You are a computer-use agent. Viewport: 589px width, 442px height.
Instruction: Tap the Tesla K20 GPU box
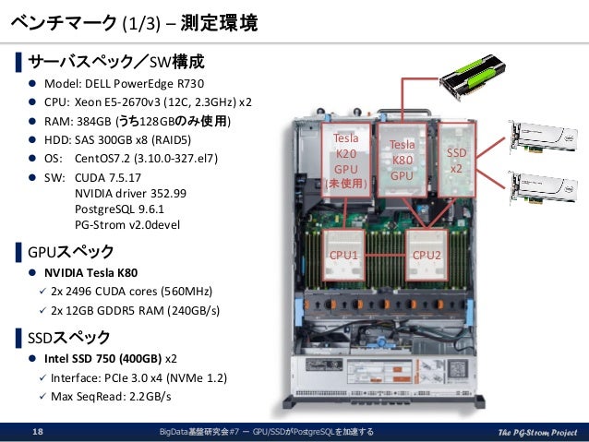[345, 161]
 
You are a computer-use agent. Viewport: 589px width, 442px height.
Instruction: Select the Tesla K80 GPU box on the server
[402, 159]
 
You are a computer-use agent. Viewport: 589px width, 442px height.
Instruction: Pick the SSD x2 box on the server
[456, 160]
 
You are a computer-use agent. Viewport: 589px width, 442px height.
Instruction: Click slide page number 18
[38, 432]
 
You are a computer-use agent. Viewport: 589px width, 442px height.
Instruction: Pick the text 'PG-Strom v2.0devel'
[128, 224]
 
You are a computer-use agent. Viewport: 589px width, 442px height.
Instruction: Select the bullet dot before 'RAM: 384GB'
[30, 121]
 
